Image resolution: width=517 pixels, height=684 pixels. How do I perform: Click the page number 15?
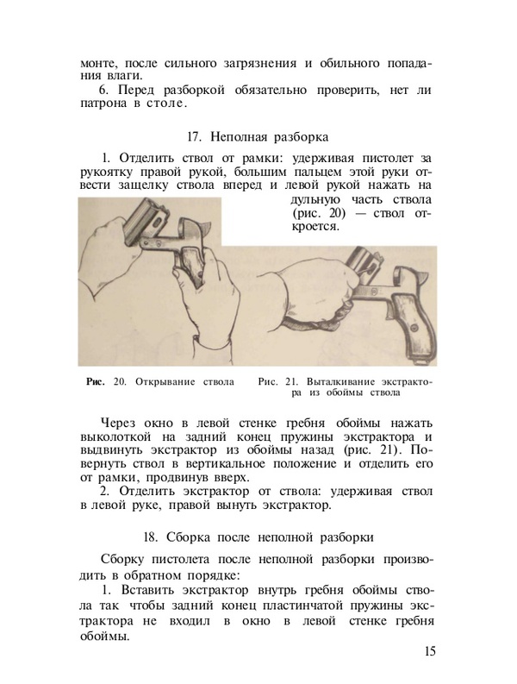(x=428, y=650)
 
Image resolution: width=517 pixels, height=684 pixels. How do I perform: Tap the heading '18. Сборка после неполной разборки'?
(x=258, y=537)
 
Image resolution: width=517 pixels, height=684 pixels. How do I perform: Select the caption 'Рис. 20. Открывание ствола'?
(x=154, y=380)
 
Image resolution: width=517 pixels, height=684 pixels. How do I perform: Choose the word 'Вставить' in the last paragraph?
(x=151, y=590)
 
